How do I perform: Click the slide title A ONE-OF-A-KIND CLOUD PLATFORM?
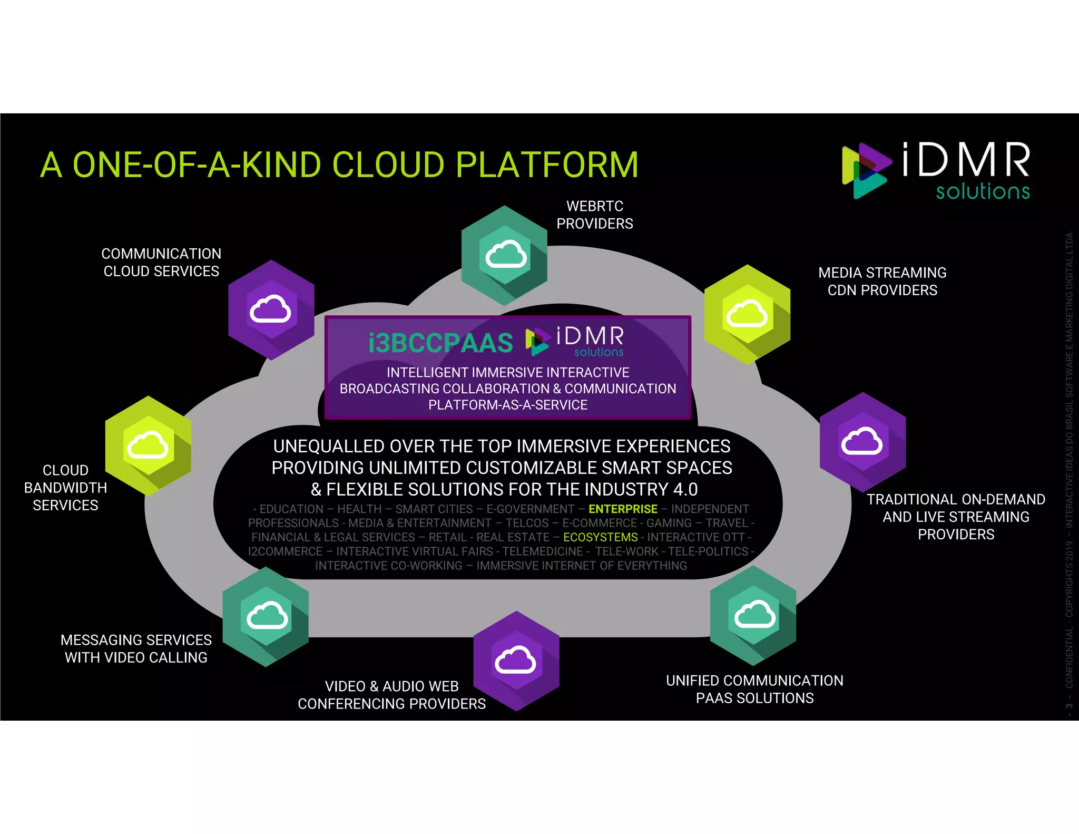pos(339,164)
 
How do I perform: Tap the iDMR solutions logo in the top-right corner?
pos(936,170)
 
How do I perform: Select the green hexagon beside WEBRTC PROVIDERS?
pos(505,256)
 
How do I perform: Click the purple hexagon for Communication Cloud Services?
pos(271,310)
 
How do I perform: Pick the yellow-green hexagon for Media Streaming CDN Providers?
pos(747,315)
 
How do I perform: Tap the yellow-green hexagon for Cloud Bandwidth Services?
pos(148,446)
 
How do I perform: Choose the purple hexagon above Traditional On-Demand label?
pos(862,442)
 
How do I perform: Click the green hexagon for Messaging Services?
pos(266,616)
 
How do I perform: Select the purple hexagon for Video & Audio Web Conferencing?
pos(516,661)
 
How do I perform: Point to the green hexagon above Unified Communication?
pos(753,615)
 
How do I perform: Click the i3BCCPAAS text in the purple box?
pos(440,343)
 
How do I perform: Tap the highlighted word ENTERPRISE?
pos(623,509)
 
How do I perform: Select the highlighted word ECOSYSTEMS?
pos(601,537)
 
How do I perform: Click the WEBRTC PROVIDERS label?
pos(595,215)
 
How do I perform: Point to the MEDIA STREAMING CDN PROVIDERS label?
pos(882,282)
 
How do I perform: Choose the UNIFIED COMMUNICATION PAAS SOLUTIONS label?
pos(754,689)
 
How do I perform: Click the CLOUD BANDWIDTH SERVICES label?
pos(65,488)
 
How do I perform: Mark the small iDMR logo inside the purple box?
pos(575,341)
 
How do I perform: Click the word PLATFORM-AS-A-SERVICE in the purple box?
pos(508,405)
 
